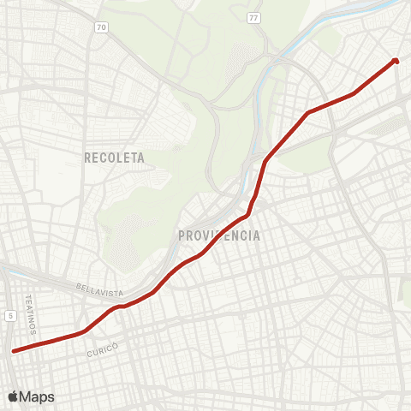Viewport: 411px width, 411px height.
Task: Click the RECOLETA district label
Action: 115,158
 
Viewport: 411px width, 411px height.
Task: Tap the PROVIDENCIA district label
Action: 219,235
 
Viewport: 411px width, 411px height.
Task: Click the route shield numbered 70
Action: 102,27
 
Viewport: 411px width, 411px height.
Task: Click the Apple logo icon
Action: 13,396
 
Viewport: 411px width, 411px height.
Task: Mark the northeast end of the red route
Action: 396,60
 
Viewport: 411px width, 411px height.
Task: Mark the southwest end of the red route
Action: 14,350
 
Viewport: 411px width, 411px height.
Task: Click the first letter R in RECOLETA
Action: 88,158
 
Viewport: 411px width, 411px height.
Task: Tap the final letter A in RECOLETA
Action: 141,158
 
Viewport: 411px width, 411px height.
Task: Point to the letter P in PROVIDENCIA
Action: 182,235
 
